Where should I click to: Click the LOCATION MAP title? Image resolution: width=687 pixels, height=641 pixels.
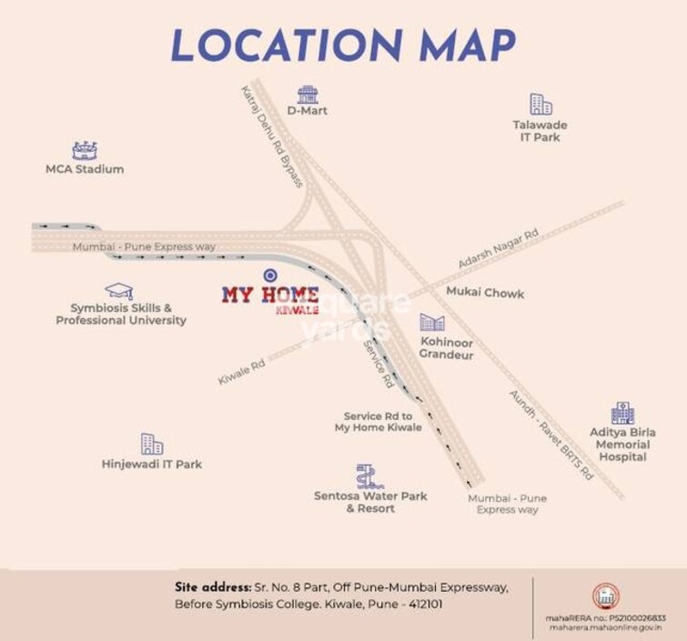pyautogui.click(x=343, y=44)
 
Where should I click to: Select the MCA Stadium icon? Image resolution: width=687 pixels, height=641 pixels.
pyautogui.click(x=85, y=151)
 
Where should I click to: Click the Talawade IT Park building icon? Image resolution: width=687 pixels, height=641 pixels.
pyautogui.click(x=541, y=104)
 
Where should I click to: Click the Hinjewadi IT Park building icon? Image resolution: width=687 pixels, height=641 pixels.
pyautogui.click(x=152, y=444)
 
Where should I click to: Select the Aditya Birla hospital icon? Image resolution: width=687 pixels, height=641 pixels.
pyautogui.click(x=623, y=413)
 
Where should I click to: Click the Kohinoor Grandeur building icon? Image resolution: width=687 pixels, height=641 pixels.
pyautogui.click(x=430, y=323)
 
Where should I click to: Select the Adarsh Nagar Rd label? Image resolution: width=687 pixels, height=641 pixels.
pyautogui.click(x=498, y=248)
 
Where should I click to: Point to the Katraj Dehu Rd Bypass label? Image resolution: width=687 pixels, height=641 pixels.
pyautogui.click(x=270, y=136)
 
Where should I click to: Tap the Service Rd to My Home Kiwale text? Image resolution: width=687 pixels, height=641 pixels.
pyautogui.click(x=378, y=421)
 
